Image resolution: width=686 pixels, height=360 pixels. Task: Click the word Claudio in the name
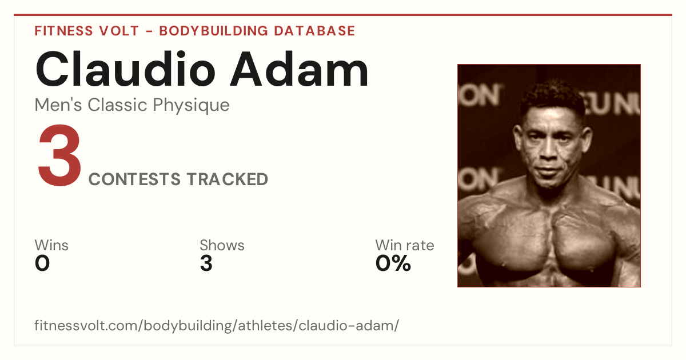click(x=126, y=69)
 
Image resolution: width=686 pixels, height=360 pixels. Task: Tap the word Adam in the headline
click(x=299, y=69)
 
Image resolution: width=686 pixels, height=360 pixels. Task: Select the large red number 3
click(x=59, y=155)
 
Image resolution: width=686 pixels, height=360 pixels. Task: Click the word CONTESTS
click(x=134, y=179)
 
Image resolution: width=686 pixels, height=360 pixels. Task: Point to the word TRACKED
click(x=228, y=179)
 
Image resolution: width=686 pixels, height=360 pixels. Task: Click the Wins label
click(x=51, y=245)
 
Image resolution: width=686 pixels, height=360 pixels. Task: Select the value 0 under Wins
click(x=42, y=263)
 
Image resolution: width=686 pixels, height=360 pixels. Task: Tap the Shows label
click(x=222, y=245)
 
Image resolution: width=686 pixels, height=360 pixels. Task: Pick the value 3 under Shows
click(x=206, y=263)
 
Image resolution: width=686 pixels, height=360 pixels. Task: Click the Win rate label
click(x=405, y=245)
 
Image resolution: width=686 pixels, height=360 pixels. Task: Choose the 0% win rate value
click(x=393, y=263)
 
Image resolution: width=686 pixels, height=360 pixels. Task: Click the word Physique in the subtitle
click(x=191, y=105)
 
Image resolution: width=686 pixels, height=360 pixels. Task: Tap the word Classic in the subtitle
click(x=118, y=105)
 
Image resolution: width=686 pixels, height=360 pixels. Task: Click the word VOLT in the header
click(x=119, y=31)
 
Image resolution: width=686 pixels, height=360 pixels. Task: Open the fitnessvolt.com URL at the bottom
click(x=217, y=325)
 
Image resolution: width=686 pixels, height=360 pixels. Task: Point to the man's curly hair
click(x=553, y=97)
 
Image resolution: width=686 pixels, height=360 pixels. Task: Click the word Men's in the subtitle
click(x=58, y=105)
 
